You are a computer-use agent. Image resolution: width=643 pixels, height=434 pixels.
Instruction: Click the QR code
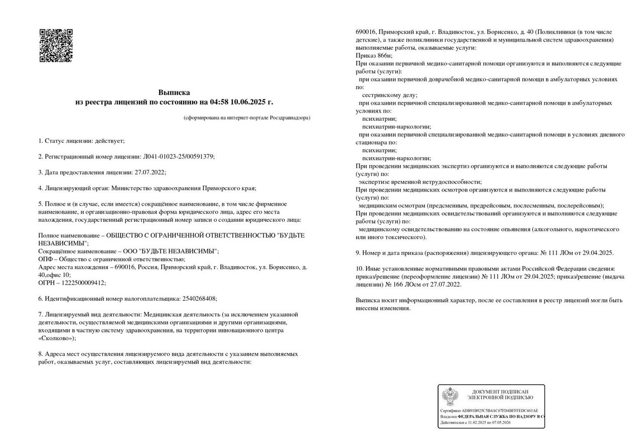tap(56, 45)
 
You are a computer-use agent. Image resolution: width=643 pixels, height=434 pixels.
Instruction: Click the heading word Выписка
tap(174, 93)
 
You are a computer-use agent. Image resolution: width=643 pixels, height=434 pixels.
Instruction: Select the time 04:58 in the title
tap(219, 102)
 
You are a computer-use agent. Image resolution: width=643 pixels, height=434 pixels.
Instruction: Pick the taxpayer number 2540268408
tap(198, 298)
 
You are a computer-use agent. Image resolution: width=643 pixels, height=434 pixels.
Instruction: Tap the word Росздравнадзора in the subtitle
tap(288, 118)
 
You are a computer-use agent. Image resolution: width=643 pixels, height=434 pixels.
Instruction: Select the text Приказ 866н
tap(374, 55)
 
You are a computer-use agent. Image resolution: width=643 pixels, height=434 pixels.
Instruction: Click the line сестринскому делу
tap(389, 95)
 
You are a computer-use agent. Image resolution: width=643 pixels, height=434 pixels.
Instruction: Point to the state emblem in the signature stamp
tap(450, 396)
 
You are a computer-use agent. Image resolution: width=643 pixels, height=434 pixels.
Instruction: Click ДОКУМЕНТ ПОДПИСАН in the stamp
tap(500, 391)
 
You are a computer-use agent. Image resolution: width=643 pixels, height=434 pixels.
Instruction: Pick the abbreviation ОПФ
tap(46, 259)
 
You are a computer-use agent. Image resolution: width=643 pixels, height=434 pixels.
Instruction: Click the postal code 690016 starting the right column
tap(365, 32)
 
